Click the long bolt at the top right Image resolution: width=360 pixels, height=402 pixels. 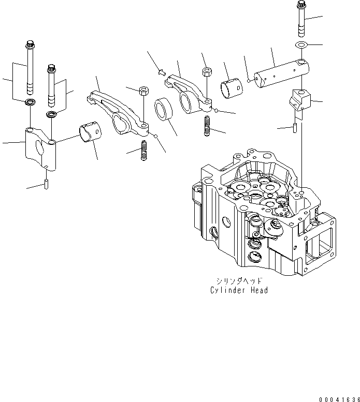tap(301, 19)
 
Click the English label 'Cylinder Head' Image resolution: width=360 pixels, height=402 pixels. tap(239, 290)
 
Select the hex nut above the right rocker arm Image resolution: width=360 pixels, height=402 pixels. tap(206, 71)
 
